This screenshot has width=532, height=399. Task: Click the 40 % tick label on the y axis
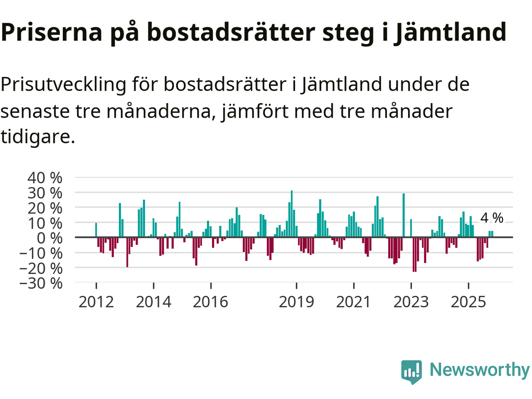tap(45, 178)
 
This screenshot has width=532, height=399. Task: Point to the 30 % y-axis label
tap(45, 193)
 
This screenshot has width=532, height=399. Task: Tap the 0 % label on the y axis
tap(49, 238)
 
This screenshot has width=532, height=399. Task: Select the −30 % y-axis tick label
tap(41, 283)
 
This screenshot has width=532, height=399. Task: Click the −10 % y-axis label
tap(41, 253)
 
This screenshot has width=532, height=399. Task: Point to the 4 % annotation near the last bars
tap(492, 218)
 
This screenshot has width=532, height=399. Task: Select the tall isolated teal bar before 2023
tap(404, 215)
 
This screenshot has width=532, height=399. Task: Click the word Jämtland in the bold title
tap(451, 32)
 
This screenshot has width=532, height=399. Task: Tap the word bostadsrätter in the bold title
tap(232, 32)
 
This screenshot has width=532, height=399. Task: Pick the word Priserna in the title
tap(52, 32)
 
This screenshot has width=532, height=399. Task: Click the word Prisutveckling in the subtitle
tap(63, 85)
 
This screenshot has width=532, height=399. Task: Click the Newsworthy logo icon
tap(411, 371)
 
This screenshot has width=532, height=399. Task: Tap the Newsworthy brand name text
tap(479, 370)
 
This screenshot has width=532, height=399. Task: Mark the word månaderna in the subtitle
tap(161, 111)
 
